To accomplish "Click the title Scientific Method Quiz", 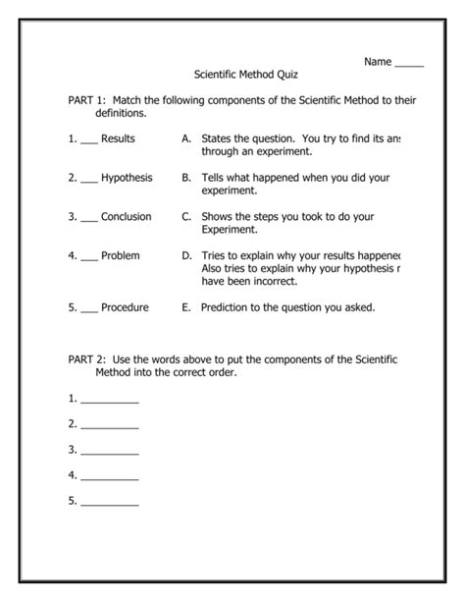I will [x=247, y=75].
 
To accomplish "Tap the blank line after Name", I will [x=409, y=64].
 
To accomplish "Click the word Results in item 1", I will [x=118, y=139].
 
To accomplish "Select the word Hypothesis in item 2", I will [x=127, y=178].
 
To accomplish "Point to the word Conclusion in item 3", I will [x=126, y=216].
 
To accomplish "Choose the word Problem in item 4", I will [x=121, y=255].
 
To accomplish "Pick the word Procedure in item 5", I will [x=125, y=307].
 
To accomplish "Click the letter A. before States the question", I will [x=185, y=139].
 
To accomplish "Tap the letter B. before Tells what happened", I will [x=185, y=178].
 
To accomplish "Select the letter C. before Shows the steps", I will [x=185, y=216].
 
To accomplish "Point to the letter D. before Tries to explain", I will [x=185, y=255].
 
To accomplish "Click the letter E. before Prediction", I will [x=185, y=307].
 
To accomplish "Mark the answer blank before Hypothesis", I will [x=89, y=182].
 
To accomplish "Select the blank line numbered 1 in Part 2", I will [x=110, y=402].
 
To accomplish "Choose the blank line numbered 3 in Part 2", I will [x=110, y=453].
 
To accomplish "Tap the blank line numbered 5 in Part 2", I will [x=110, y=504].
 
